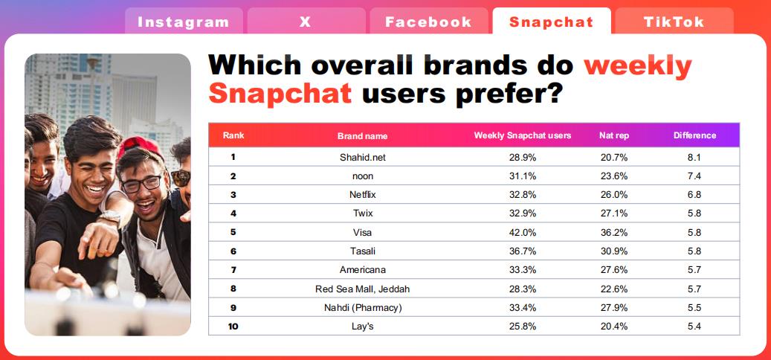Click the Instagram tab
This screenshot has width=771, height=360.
point(184,22)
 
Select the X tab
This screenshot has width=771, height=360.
point(306,22)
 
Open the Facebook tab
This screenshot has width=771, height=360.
point(428,22)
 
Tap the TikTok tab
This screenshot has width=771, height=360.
point(674,22)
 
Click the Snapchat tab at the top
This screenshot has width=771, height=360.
point(552,22)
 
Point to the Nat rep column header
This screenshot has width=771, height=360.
point(614,135)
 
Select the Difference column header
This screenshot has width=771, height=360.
point(694,135)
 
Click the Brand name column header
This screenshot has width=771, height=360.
point(362,136)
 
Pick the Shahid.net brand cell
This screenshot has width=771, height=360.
point(362,158)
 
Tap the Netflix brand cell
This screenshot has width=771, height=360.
point(362,195)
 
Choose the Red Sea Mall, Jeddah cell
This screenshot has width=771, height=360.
point(362,289)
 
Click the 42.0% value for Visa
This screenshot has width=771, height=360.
point(523,233)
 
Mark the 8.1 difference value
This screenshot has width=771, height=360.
point(694,158)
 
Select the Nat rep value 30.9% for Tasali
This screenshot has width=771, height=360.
point(614,251)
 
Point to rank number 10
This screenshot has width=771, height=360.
point(233,327)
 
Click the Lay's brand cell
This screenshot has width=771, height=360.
point(362,327)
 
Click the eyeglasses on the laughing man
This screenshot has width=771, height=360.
point(142,184)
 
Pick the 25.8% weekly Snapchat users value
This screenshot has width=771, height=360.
point(523,327)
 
